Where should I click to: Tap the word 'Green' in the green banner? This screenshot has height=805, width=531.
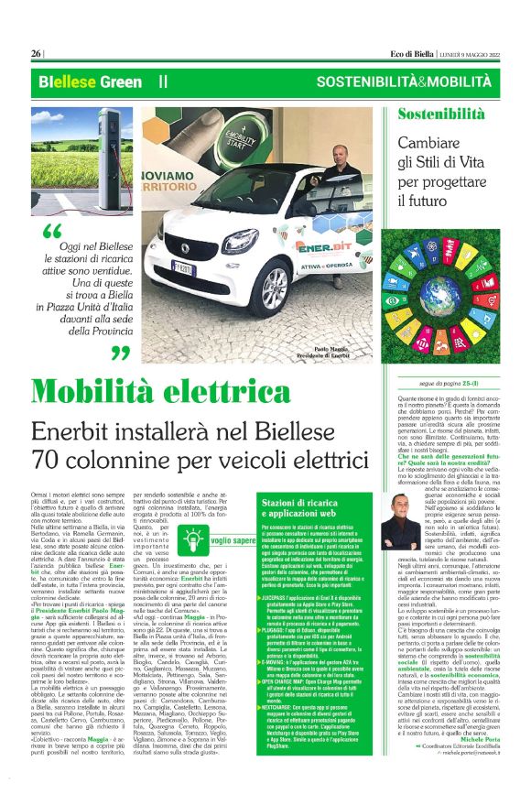pos(96,82)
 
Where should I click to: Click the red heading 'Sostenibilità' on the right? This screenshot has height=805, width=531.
pos(441,114)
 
